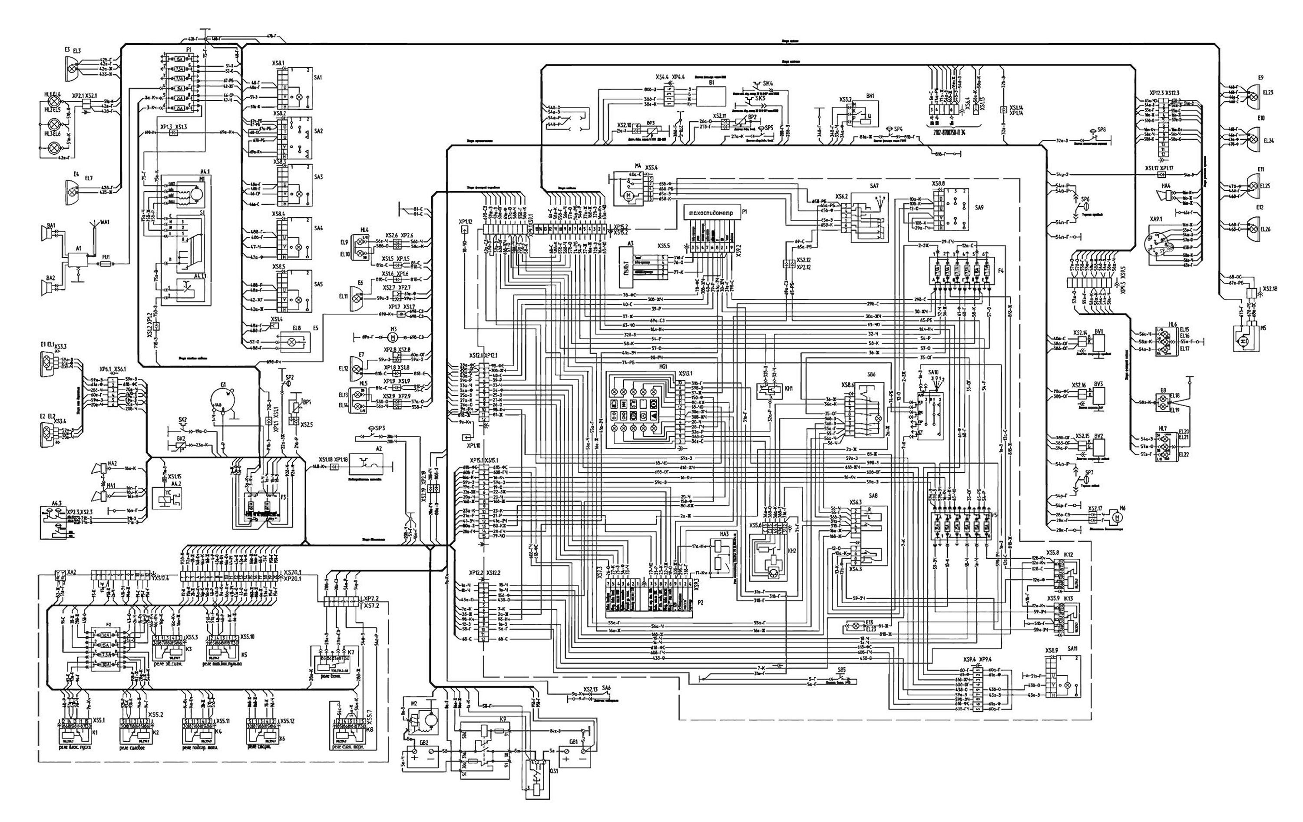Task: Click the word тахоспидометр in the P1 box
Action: [x=711, y=213]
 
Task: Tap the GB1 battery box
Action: [x=574, y=756]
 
